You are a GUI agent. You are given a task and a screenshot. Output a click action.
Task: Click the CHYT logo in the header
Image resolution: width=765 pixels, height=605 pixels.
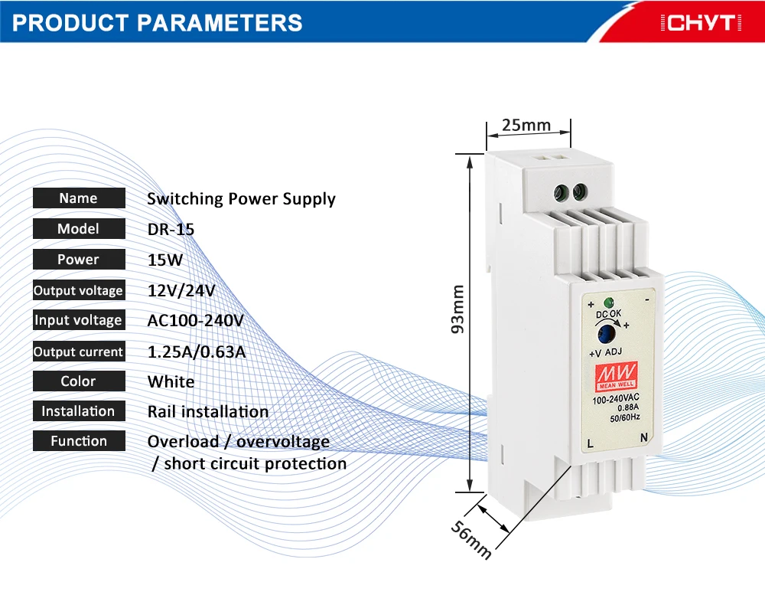(702, 23)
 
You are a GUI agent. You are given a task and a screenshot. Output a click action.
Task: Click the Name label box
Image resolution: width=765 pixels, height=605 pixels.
(78, 198)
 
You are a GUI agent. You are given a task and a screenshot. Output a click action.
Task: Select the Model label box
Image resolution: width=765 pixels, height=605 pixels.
(78, 229)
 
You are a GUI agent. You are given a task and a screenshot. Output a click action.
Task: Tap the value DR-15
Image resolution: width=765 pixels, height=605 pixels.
(171, 229)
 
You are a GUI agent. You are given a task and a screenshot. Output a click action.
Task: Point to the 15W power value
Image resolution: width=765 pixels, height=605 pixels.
(165, 260)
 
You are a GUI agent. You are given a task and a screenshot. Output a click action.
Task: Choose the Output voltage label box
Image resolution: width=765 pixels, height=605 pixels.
(78, 290)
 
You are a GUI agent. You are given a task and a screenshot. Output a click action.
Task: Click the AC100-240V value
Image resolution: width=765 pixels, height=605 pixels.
(195, 321)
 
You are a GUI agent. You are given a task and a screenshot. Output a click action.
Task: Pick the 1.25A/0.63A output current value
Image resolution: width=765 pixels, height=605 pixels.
(200, 352)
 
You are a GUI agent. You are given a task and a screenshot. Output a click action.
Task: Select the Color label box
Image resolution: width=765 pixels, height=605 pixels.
(78, 381)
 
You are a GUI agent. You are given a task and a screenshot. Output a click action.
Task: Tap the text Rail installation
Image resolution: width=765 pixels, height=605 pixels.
(208, 412)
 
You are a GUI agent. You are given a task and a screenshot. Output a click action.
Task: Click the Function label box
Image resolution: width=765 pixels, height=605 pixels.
(78, 441)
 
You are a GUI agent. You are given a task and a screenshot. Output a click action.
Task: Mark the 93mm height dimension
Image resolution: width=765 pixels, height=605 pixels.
(457, 309)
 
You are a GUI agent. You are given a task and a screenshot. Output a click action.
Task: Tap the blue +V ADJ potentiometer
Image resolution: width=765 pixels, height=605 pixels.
(609, 334)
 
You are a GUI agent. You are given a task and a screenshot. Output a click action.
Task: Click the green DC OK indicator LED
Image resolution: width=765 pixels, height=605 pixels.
(610, 302)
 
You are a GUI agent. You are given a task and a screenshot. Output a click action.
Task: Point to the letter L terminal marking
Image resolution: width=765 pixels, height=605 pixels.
(590, 443)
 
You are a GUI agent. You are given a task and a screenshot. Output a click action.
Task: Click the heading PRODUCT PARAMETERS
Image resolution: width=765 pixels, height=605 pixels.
(158, 22)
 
